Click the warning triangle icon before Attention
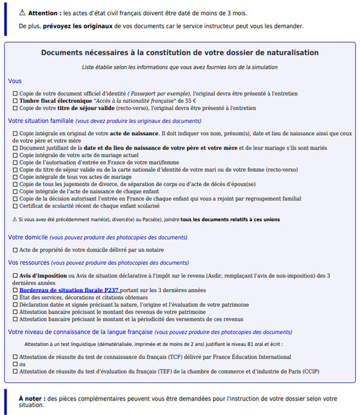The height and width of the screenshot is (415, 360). tap(22, 13)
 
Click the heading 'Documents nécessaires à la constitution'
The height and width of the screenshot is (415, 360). tap(179, 53)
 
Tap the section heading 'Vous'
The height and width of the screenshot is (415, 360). tap(15, 81)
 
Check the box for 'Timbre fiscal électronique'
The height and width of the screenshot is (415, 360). tap(15, 101)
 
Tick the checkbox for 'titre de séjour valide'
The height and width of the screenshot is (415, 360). tap(15, 109)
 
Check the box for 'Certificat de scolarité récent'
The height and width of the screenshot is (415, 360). tap(15, 205)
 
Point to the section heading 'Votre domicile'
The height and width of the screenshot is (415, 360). tap(28, 237)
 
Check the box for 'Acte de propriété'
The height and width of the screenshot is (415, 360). tap(15, 250)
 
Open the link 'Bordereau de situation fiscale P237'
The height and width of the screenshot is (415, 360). tap(69, 290)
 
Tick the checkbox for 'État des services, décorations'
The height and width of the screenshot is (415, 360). tap(15, 297)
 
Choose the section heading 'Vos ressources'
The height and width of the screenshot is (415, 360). tap(29, 262)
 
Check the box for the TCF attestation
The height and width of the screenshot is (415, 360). tap(15, 357)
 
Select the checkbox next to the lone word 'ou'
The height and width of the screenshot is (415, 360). tap(15, 364)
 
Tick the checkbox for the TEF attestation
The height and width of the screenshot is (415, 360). tap(15, 372)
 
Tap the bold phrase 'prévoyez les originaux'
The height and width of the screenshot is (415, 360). tap(77, 26)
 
